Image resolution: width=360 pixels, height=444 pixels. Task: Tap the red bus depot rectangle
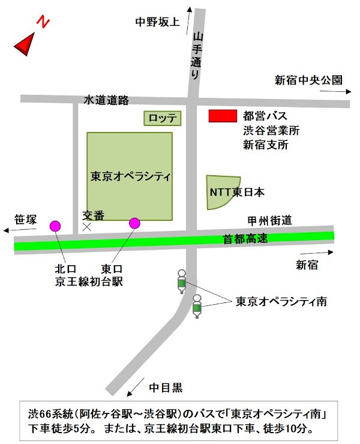(222, 116)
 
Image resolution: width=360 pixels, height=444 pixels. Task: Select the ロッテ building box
(162, 118)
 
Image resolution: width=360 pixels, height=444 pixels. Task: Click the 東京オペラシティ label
(130, 176)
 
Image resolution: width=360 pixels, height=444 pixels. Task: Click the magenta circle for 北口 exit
(55, 226)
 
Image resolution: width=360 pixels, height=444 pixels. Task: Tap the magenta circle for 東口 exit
(134, 224)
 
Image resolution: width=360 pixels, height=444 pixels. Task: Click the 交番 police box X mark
(87, 227)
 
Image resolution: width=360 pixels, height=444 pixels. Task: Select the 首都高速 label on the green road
(245, 239)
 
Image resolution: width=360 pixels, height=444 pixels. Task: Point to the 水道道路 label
(106, 100)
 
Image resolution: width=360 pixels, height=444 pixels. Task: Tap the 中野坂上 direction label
(157, 22)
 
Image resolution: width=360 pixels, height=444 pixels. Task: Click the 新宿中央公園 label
(308, 80)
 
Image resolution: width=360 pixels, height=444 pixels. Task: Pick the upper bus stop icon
(182, 281)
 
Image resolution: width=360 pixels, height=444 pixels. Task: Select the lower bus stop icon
(197, 306)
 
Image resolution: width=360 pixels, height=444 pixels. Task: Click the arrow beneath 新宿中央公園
(336, 92)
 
